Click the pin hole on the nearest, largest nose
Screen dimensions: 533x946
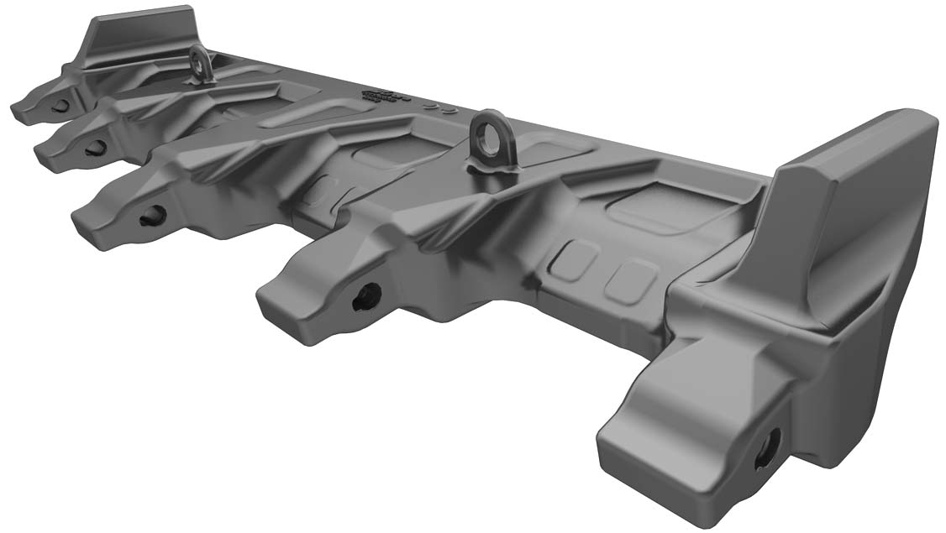[767, 451]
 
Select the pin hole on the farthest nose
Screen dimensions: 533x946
[60, 106]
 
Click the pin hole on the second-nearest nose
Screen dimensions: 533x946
[367, 296]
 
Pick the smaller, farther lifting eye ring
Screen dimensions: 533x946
[201, 63]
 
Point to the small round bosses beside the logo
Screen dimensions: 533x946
[441, 108]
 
